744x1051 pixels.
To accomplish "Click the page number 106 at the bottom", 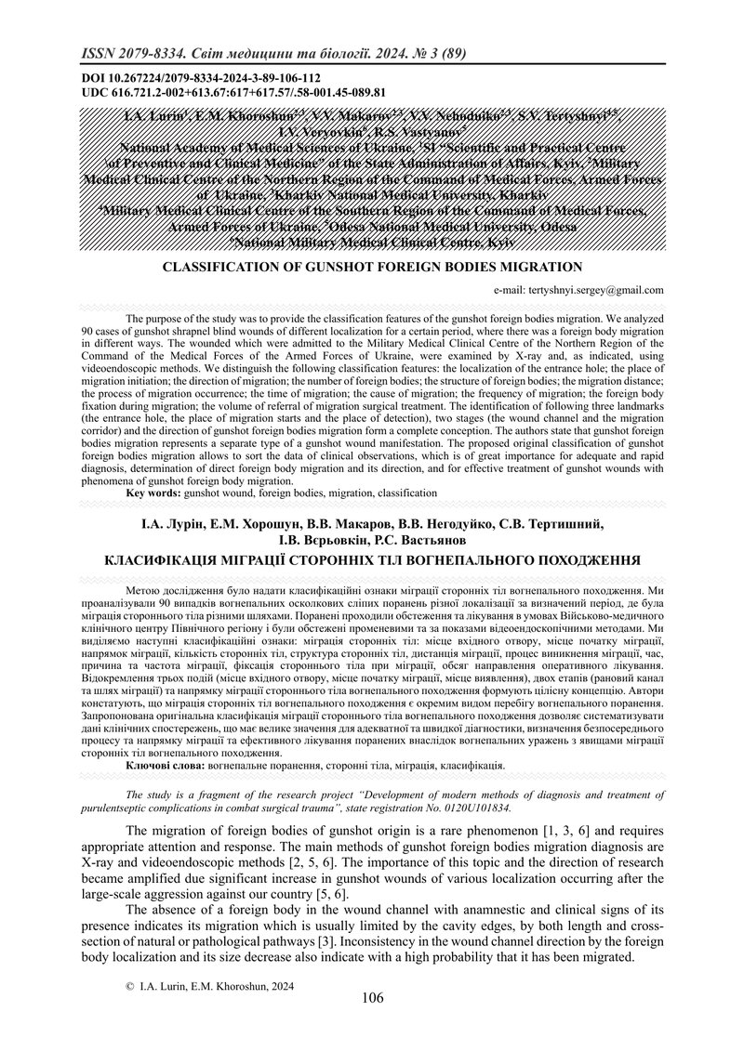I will click(x=371, y=998).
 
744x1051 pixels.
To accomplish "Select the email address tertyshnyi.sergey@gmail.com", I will click(x=591, y=290).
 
